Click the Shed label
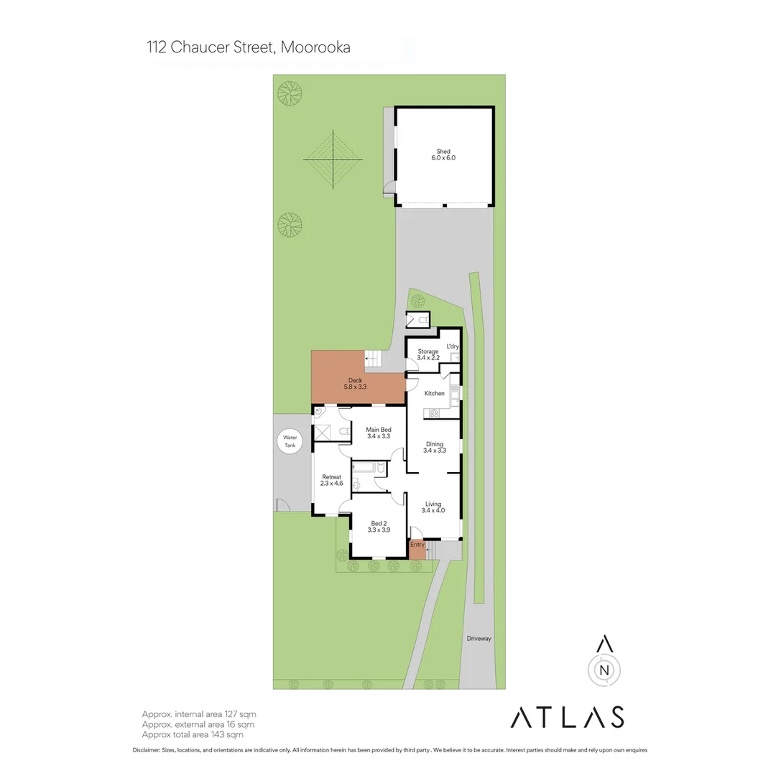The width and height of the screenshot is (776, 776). click(x=443, y=154)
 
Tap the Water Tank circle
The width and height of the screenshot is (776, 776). click(x=290, y=441)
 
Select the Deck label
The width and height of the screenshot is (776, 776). click(x=355, y=384)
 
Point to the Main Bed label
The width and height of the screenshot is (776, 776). click(x=379, y=433)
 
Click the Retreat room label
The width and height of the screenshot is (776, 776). click(x=331, y=480)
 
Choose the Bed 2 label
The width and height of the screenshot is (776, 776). click(x=379, y=527)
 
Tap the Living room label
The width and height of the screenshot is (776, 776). click(x=433, y=507)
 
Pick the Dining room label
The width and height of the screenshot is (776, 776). click(x=435, y=448)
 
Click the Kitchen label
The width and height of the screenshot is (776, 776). click(x=435, y=394)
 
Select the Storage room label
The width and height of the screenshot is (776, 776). click(x=428, y=354)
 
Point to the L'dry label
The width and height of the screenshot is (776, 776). click(x=453, y=346)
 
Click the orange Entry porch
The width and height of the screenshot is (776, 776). click(x=417, y=550)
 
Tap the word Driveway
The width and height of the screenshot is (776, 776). click(x=479, y=639)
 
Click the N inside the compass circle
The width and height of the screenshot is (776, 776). click(x=604, y=670)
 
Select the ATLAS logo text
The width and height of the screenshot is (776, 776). click(x=567, y=717)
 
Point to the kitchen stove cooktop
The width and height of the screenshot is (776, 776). click(x=434, y=413)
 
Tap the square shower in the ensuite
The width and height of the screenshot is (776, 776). click(x=322, y=433)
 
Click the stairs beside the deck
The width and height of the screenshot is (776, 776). click(x=373, y=359)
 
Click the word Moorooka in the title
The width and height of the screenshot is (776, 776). click(x=315, y=47)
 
